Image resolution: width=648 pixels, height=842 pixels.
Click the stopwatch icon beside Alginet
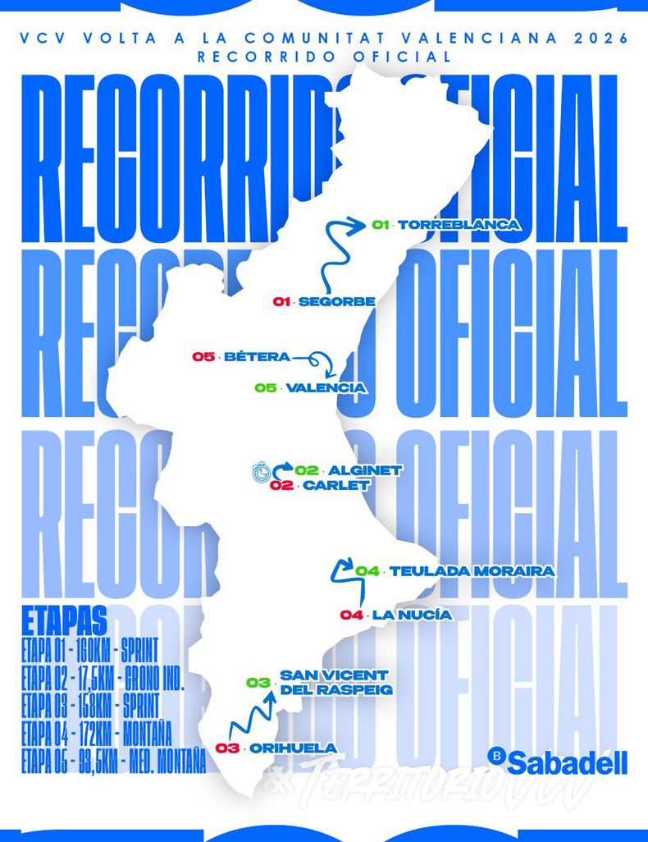[x=261, y=472]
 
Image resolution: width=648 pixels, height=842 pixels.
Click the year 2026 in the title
[x=600, y=38]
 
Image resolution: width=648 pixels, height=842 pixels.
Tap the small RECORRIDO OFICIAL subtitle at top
[x=324, y=57]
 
